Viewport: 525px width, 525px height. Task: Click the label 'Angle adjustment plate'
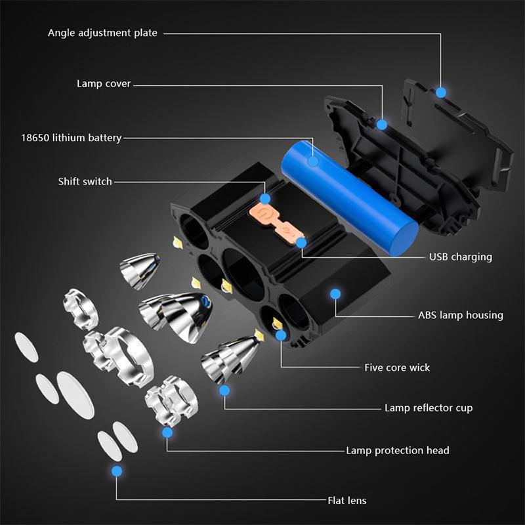102,33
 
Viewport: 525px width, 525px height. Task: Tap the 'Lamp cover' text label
104,84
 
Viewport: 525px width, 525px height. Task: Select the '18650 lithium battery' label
72,138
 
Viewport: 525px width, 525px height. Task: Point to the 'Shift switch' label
85,182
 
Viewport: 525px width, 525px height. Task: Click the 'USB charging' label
461,257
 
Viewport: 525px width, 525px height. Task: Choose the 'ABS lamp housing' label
461,315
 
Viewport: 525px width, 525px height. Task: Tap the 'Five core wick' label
397,367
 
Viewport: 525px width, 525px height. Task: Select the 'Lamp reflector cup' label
429,408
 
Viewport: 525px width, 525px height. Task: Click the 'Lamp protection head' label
398,450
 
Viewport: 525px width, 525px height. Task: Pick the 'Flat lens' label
347,501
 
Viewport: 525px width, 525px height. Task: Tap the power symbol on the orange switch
263,214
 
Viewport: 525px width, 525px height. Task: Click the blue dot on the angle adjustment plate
441,93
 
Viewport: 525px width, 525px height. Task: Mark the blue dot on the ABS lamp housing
335,294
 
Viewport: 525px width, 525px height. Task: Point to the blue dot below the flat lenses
117,471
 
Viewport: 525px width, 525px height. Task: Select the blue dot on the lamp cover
382,125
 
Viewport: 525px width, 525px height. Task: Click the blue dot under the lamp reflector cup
224,390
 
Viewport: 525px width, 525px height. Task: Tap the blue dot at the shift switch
265,199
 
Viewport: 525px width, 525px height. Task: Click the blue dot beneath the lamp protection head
167,432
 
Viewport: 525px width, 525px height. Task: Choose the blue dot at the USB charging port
301,243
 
